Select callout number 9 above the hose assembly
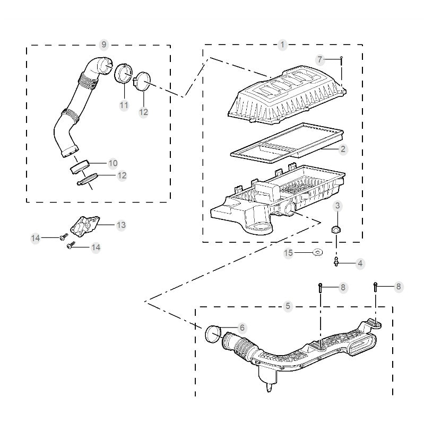103,43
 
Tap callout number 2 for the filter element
343,149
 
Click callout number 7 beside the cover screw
319,58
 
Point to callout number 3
338,206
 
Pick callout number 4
360,263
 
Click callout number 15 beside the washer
288,253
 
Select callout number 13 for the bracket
121,225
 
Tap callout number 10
113,163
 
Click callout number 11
124,105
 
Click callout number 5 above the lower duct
288,306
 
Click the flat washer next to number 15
317,253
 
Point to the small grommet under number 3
336,229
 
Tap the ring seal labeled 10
79,166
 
